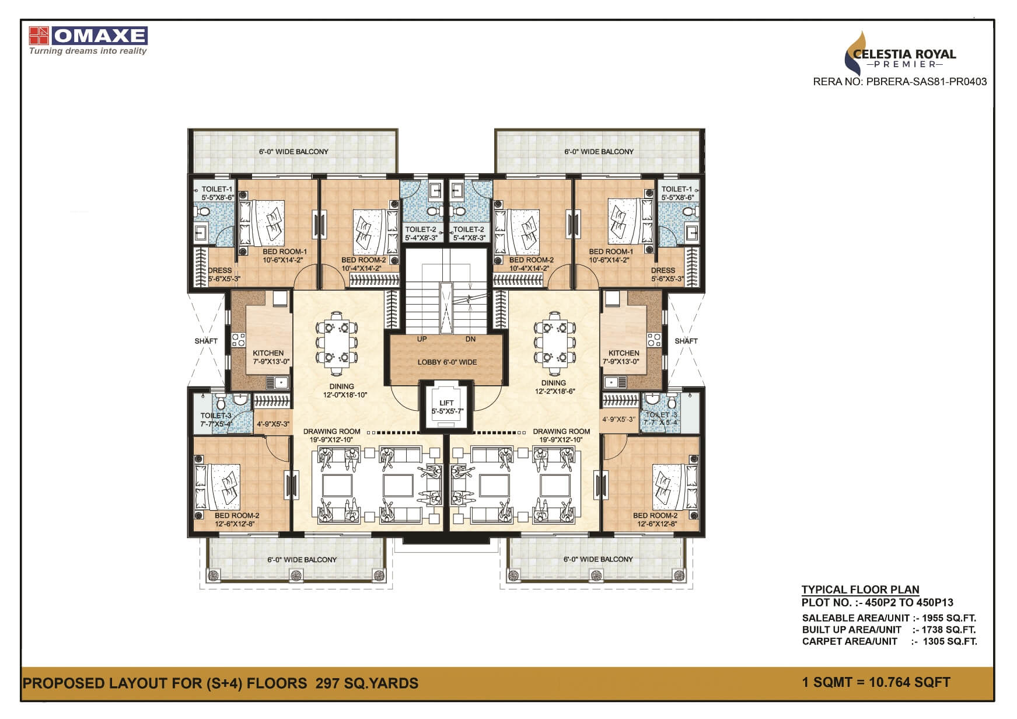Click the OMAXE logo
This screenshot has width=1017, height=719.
[x=88, y=36]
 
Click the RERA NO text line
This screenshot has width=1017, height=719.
[x=900, y=82]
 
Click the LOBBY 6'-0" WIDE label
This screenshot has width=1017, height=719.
[x=447, y=362]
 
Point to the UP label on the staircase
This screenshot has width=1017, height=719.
[x=422, y=339]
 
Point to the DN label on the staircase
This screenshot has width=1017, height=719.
[x=470, y=339]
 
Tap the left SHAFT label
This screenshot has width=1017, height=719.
[x=206, y=341]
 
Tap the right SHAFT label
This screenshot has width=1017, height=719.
[x=686, y=341]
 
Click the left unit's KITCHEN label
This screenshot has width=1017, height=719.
[x=268, y=353]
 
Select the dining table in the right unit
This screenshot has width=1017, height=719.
[x=551, y=344]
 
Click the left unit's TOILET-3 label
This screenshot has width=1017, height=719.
[x=216, y=416]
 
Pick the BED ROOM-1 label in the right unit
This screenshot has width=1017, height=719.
[x=610, y=252]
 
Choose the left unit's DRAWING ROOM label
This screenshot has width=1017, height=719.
[x=331, y=432]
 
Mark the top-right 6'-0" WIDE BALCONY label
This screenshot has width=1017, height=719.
[x=599, y=152]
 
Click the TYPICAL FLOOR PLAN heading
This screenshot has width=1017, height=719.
[x=860, y=589]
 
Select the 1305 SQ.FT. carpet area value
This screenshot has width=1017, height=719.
[x=949, y=641]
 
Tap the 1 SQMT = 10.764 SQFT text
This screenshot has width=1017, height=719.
[x=876, y=682]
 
